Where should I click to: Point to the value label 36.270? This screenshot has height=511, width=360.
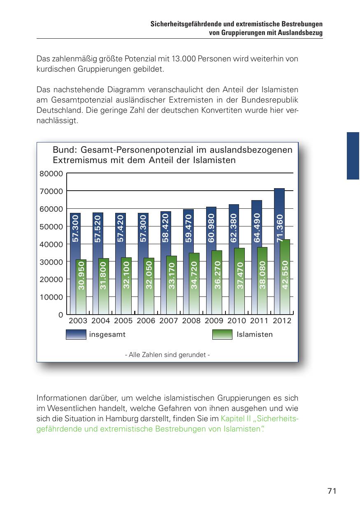click(x=217, y=275)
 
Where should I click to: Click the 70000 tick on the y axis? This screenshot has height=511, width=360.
click(x=51, y=191)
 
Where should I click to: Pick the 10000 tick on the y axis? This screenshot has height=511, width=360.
click(x=51, y=297)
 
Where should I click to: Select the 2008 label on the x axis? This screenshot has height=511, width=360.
click(x=191, y=321)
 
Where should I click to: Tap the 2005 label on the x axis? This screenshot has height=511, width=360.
click(x=123, y=321)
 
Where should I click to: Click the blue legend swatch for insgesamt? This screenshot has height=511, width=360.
click(x=76, y=335)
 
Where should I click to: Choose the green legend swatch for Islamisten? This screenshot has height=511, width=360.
click(x=222, y=335)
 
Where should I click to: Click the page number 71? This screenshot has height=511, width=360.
click(x=332, y=491)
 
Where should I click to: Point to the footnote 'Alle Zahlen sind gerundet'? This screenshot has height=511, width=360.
click(x=167, y=355)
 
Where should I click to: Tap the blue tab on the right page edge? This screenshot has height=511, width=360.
click(x=353, y=156)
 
